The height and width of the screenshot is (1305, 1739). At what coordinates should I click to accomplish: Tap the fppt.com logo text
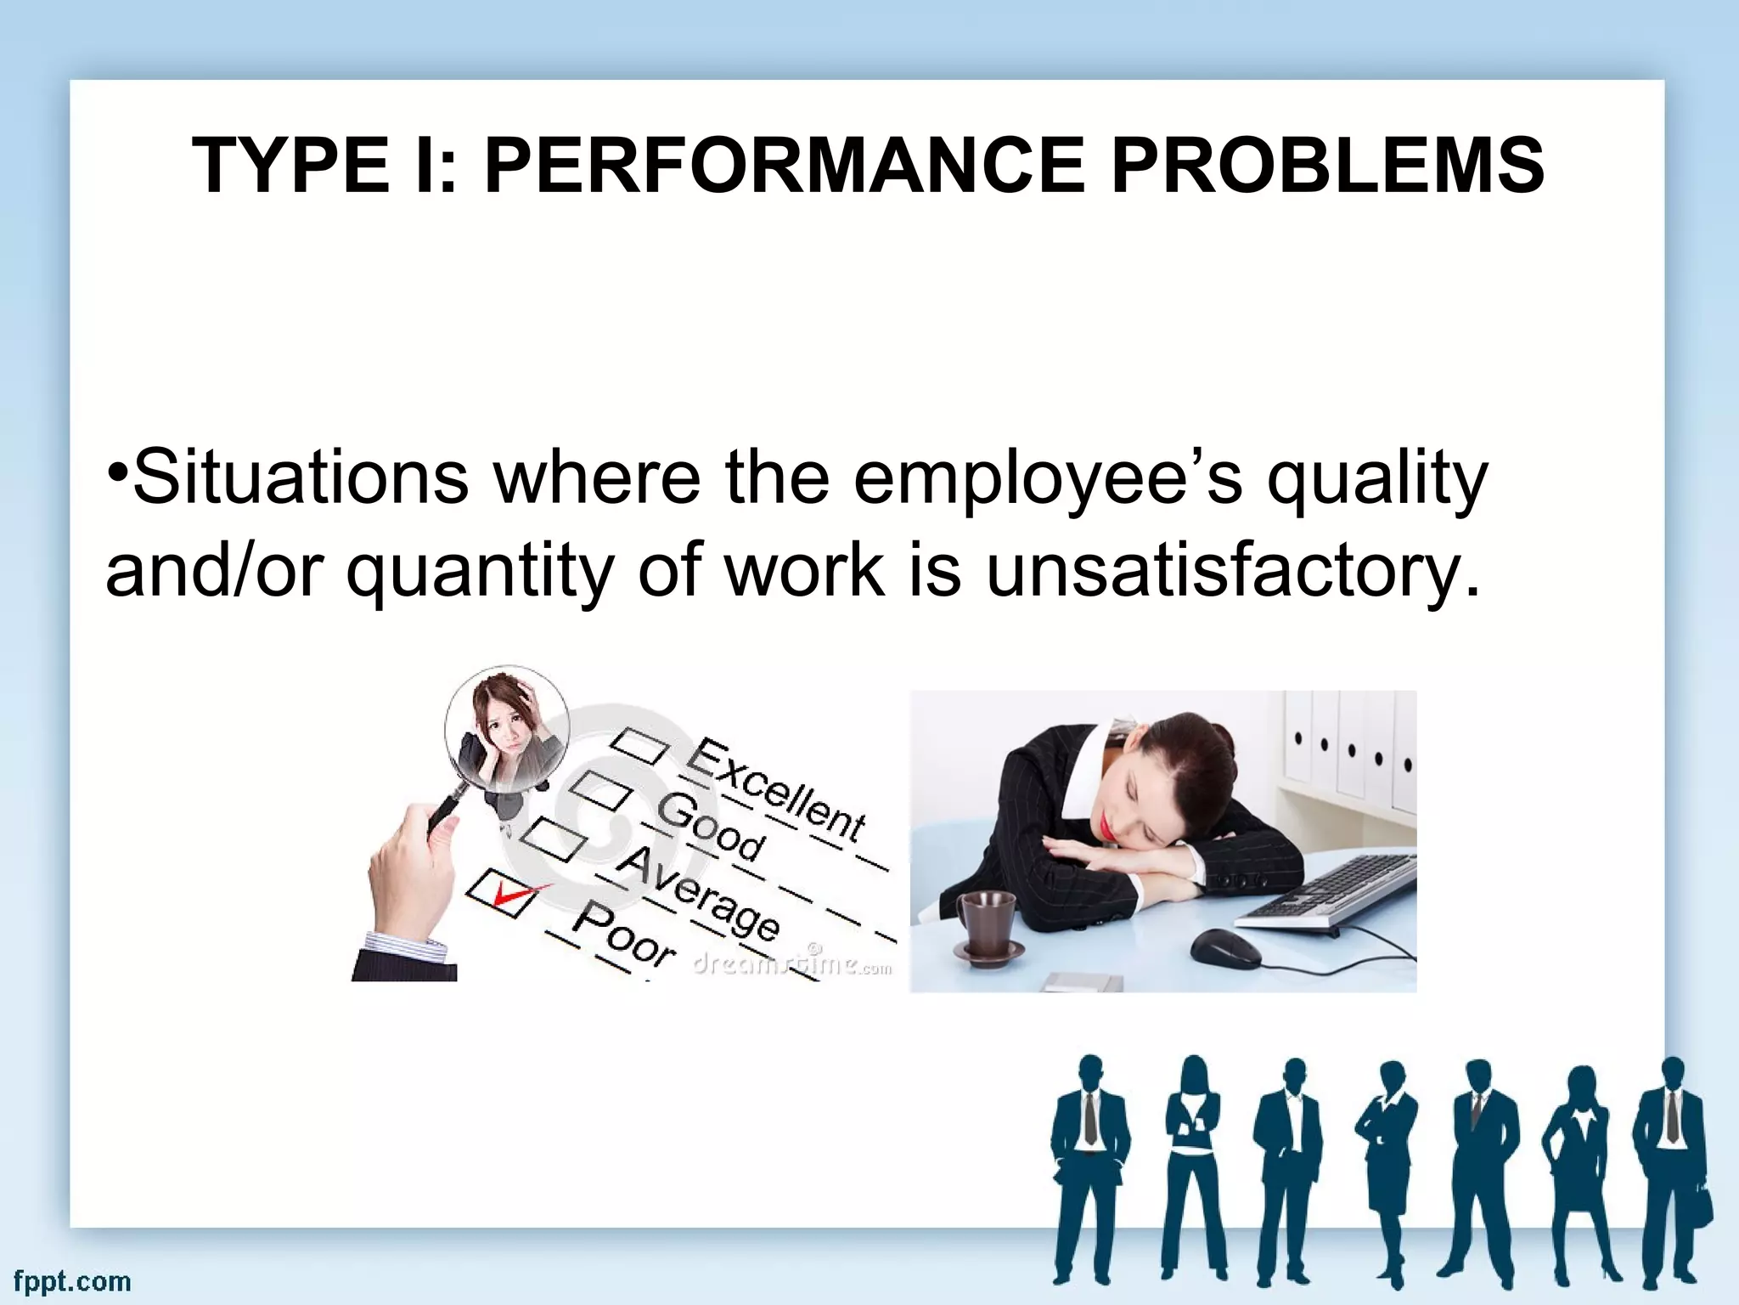point(72,1280)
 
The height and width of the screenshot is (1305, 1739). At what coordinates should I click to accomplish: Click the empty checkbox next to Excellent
point(640,745)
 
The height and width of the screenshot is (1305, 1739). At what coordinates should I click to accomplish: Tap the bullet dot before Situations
point(118,472)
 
